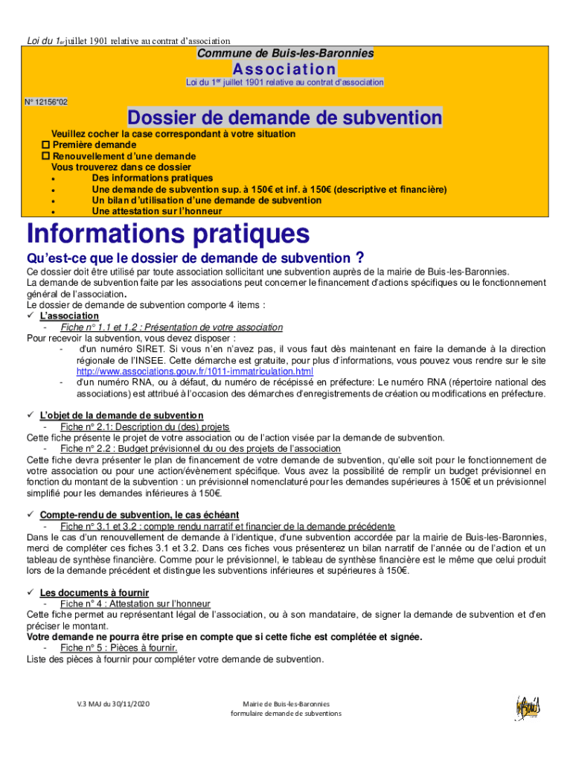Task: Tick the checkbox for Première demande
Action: pyautogui.click(x=45, y=145)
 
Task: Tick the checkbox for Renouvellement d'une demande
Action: pyautogui.click(x=45, y=156)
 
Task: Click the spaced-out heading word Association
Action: pyautogui.click(x=285, y=68)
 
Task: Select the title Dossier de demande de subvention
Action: pyautogui.click(x=285, y=118)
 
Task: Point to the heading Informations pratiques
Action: pyautogui.click(x=168, y=234)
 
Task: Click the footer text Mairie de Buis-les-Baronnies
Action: pyautogui.click(x=286, y=703)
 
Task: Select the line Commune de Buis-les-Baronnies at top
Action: pyautogui.click(x=285, y=54)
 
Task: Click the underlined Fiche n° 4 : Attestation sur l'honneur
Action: pyautogui.click(x=135, y=603)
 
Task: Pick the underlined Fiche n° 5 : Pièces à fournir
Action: pyautogui.click(x=118, y=647)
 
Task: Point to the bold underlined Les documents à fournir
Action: pyautogui.click(x=95, y=592)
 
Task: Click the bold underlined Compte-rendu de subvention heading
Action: pyautogui.click(x=139, y=515)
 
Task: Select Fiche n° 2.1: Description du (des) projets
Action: pyautogui.click(x=144, y=427)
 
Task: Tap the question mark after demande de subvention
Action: pyautogui.click(x=359, y=258)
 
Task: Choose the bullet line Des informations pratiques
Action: pyautogui.click(x=152, y=179)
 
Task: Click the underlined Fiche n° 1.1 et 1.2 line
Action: pyautogui.click(x=171, y=327)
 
